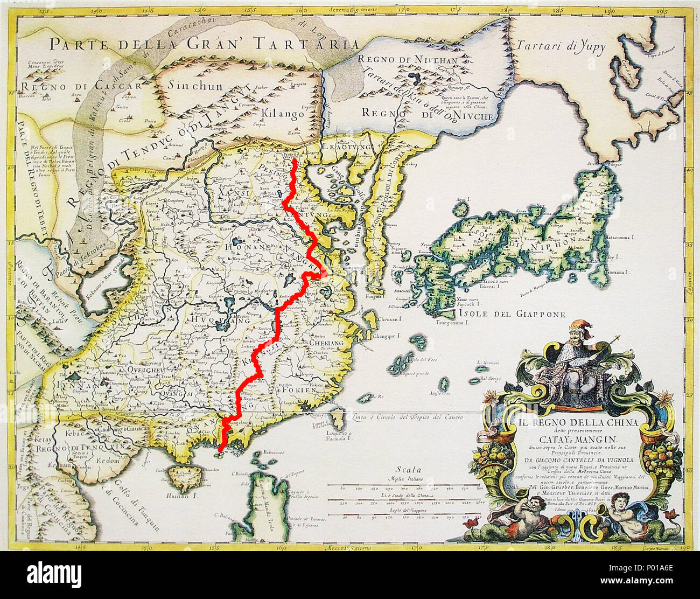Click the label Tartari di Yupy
coord(561,47)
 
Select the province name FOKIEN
coord(293,389)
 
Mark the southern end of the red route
coord(222,450)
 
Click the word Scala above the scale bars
coord(407,470)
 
